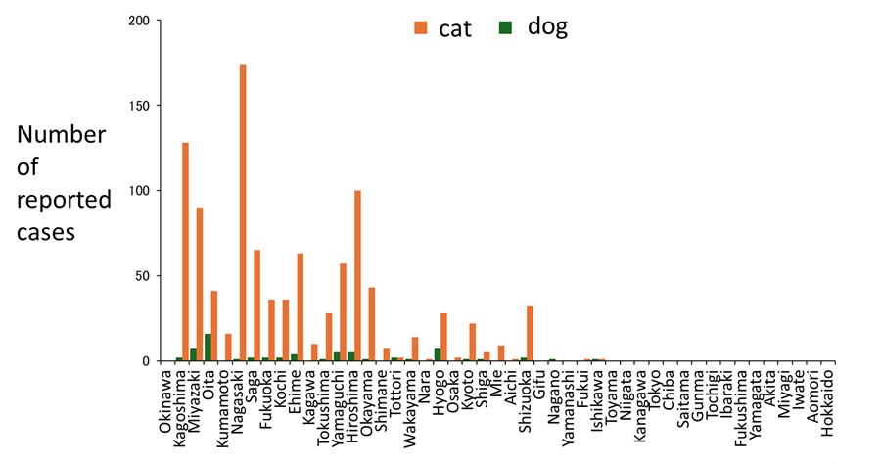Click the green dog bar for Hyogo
click(x=438, y=355)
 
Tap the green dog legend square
click(x=506, y=28)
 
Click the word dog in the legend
click(x=547, y=27)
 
